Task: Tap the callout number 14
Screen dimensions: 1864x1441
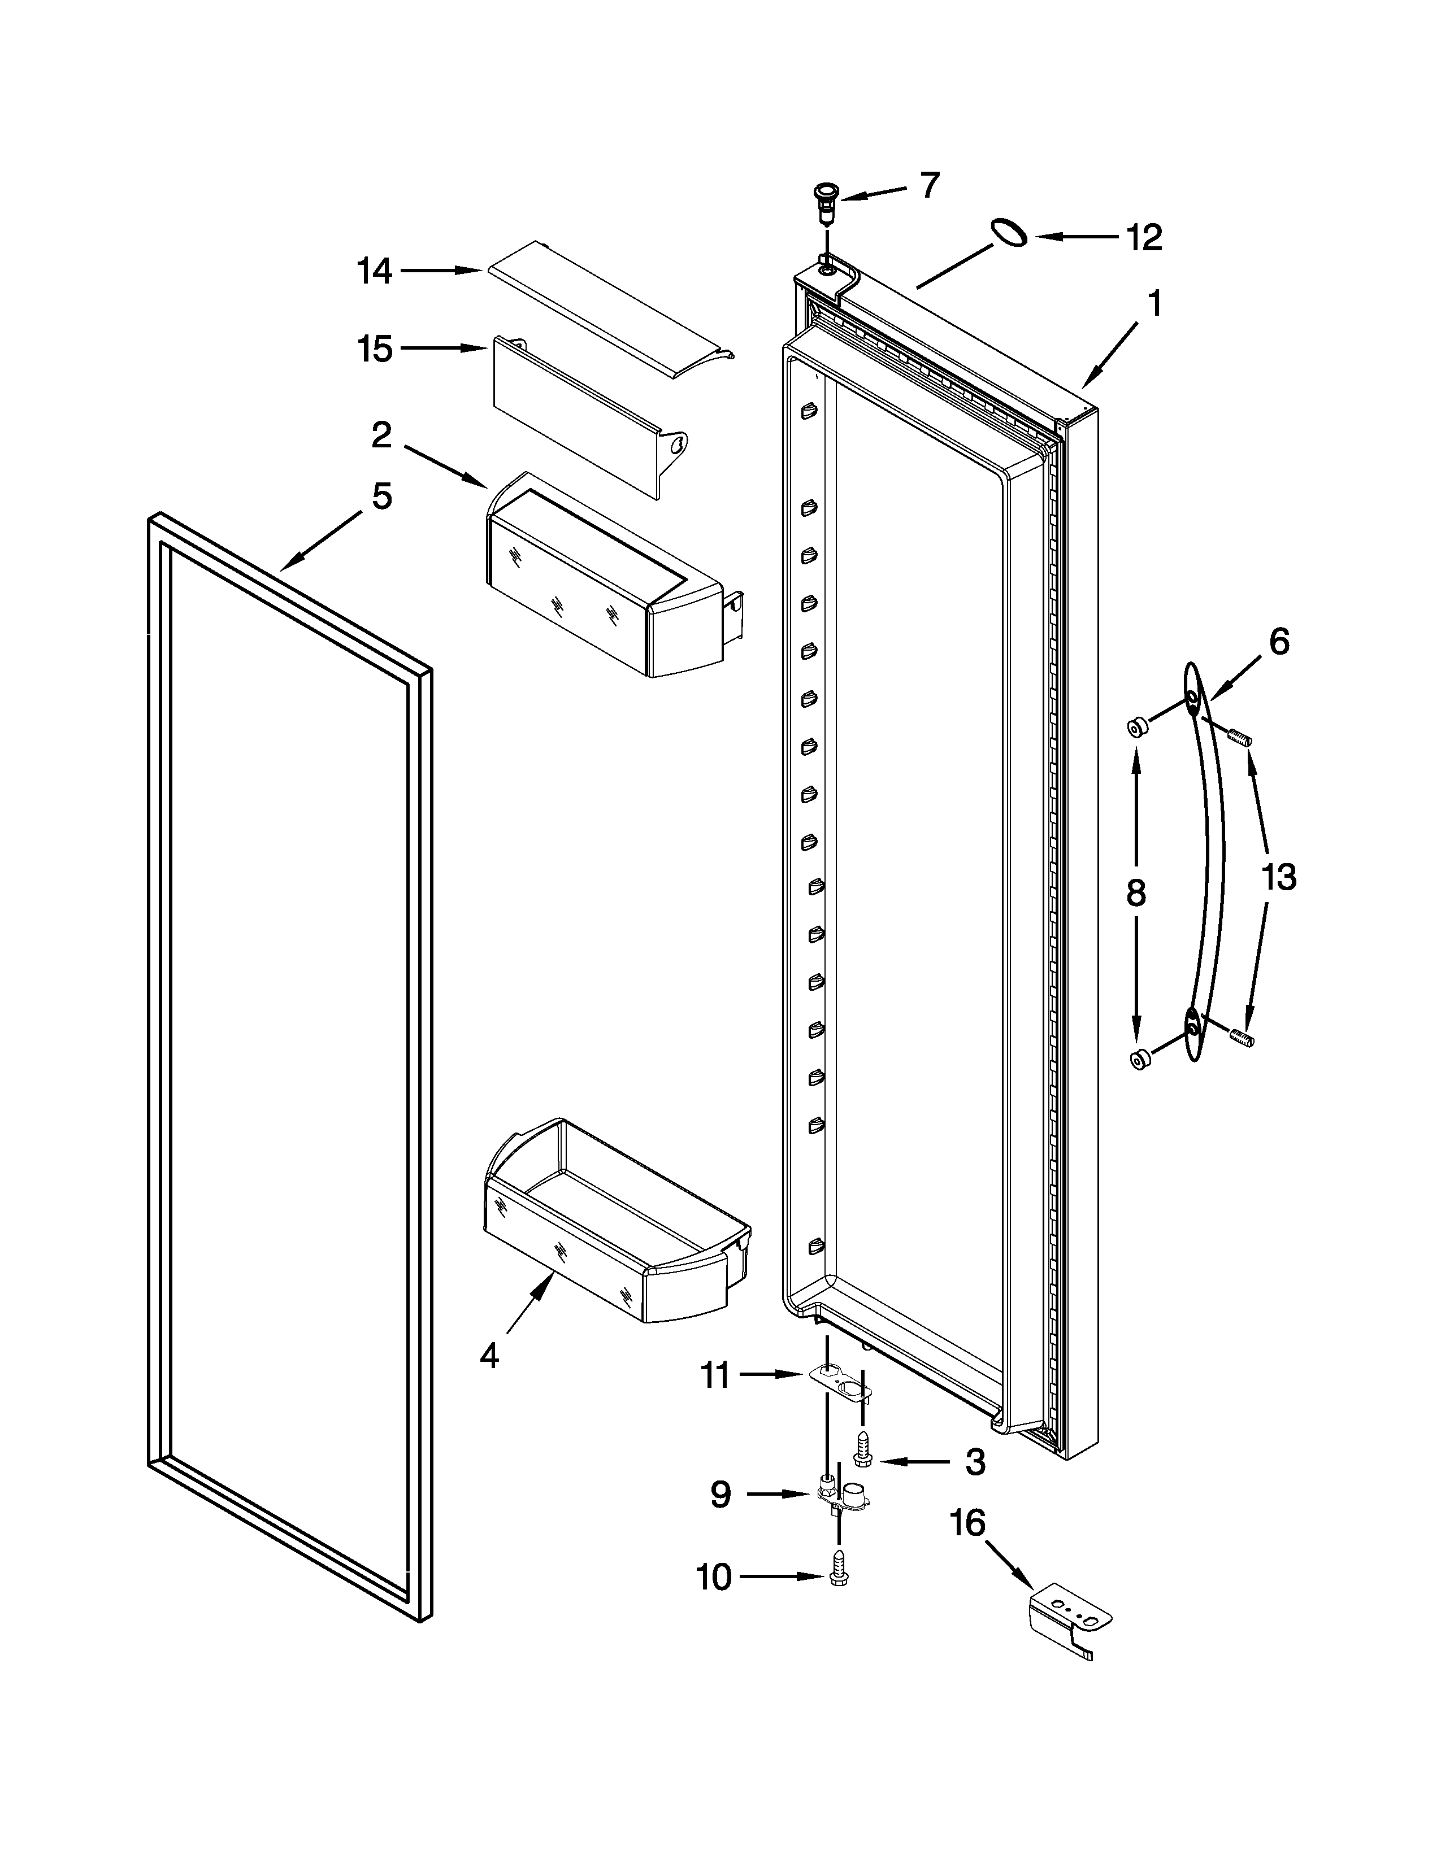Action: (x=374, y=271)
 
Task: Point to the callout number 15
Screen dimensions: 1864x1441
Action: (x=375, y=349)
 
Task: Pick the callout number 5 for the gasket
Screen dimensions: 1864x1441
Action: (x=381, y=496)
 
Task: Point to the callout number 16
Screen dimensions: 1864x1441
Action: (x=968, y=1523)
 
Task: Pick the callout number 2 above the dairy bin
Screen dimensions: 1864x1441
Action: (x=381, y=435)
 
